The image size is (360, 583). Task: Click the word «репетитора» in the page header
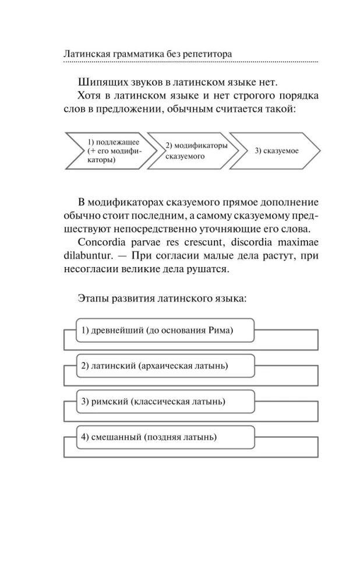207,54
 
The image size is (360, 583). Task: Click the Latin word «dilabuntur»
87,256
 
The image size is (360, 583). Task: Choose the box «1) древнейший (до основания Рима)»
165,331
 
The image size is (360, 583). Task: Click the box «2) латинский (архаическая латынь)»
165,366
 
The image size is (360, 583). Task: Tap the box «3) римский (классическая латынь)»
165,402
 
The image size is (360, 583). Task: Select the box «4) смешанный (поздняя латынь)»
165,437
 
